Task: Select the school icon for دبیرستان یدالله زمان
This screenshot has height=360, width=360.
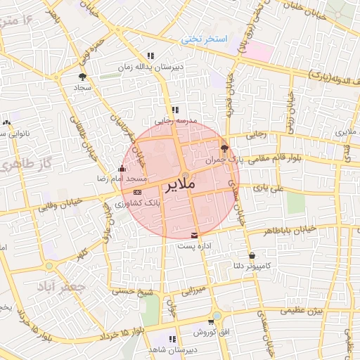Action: tap(150, 56)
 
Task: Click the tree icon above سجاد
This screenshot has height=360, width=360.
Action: tap(83, 77)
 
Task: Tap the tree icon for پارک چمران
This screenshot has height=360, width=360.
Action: tap(224, 148)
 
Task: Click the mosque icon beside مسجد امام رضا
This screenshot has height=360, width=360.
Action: tap(122, 169)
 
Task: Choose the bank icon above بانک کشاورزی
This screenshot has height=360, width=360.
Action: tap(136, 191)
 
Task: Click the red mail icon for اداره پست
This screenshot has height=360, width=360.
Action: tap(195, 234)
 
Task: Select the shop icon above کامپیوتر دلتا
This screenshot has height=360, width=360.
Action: tap(252, 255)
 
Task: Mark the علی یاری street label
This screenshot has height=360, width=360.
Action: tap(269, 188)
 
